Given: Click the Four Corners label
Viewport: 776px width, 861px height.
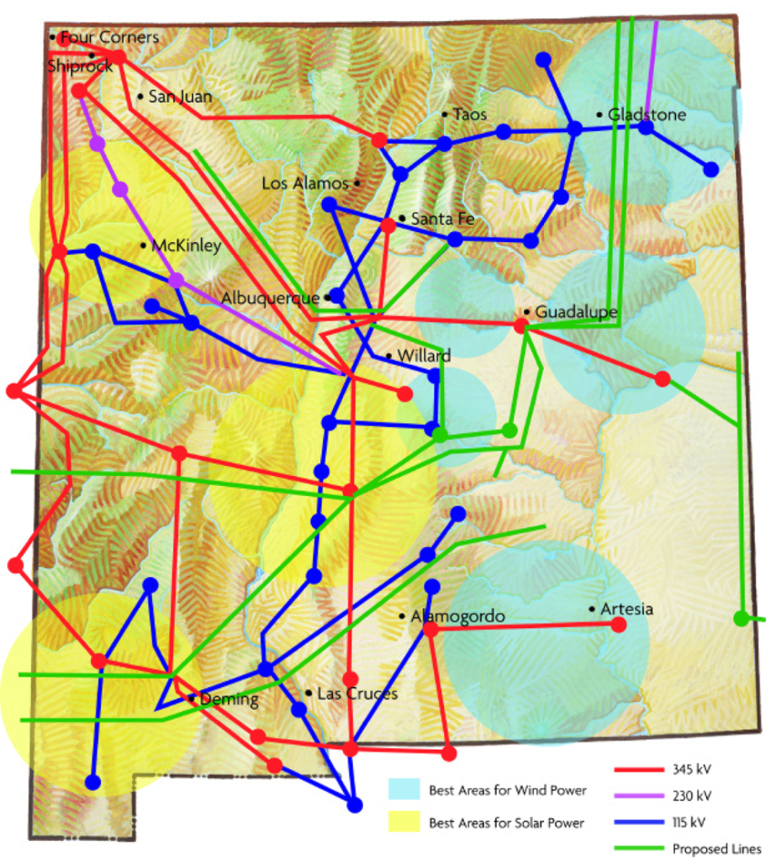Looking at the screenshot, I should click(109, 38).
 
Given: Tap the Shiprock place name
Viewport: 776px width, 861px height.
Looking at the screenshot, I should click(79, 66).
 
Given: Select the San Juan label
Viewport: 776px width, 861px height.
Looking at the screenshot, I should click(180, 97).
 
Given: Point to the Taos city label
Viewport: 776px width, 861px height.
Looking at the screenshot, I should click(469, 114).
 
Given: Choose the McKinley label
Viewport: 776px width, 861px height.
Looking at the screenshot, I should click(186, 246).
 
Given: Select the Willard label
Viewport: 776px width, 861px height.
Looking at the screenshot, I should click(424, 356).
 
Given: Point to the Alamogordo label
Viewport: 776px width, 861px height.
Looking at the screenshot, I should click(457, 616).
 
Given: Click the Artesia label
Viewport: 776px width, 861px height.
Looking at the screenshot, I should click(627, 610).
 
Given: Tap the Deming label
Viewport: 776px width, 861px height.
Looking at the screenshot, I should click(229, 699).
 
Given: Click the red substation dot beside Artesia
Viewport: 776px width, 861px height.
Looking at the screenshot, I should click(619, 625).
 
